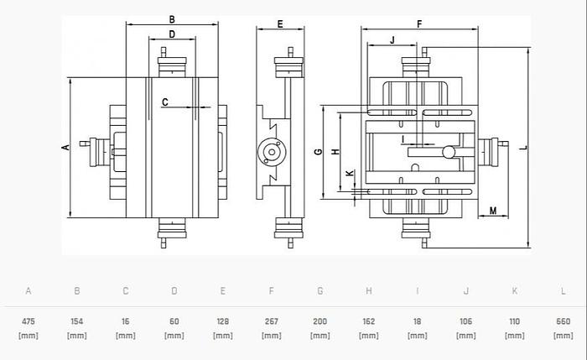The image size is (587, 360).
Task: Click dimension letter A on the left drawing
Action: point(65,147)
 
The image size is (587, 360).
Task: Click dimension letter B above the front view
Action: point(171,18)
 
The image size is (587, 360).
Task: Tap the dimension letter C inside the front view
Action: point(165,102)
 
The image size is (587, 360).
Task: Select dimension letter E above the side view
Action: point(279,23)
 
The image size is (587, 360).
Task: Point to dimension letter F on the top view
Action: point(418,24)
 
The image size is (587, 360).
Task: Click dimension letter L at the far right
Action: point(522,148)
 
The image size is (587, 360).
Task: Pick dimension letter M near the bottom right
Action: point(493,210)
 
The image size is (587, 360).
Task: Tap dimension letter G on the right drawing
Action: point(318,152)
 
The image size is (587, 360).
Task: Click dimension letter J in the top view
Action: point(392,39)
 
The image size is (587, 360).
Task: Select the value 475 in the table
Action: point(29,321)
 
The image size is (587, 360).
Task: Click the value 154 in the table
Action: point(77,321)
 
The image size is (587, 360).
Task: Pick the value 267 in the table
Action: point(272,321)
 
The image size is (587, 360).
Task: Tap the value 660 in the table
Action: point(564,321)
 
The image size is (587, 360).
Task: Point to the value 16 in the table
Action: point(126,321)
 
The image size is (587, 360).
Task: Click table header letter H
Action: point(369,291)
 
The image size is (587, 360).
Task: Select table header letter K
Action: point(515,291)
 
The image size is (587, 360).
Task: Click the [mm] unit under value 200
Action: point(320,336)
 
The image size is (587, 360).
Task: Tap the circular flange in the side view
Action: point(272,152)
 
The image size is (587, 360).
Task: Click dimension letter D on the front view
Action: point(171,34)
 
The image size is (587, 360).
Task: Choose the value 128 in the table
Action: point(223,321)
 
